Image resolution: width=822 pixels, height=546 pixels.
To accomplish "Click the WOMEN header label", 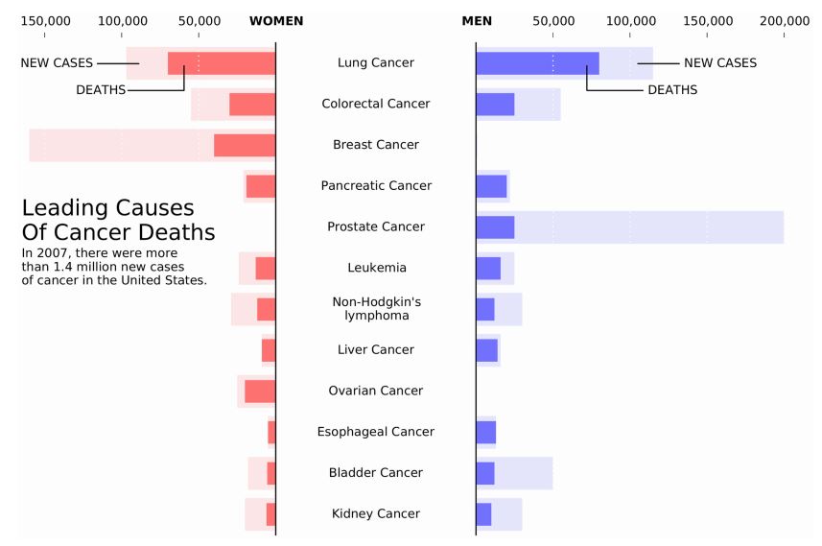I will point(276,21).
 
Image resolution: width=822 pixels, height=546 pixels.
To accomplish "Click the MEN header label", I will point(478,21).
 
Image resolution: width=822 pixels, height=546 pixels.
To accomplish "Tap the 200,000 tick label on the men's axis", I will point(784,21).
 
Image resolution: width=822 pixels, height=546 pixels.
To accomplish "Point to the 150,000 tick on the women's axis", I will point(45,21).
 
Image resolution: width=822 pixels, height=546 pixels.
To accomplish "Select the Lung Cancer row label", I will point(376,62).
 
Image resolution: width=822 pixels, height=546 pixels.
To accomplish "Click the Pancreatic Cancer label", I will point(376,185).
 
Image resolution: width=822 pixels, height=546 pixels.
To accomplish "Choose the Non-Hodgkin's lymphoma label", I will point(376,308).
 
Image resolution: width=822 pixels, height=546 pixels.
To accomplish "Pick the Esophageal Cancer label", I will point(376,432).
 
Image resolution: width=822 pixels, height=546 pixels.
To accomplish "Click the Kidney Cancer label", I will point(376,513).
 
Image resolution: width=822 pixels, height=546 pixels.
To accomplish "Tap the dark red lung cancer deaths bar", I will point(222,63).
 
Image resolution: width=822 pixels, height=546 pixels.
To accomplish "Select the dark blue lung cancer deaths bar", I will point(537,63).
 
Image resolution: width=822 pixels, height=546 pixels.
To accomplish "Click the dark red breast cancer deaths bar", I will point(245,145).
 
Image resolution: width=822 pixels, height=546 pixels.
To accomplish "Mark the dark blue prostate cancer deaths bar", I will point(495,227).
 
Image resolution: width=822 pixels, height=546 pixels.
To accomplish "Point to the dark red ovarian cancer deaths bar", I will point(260,392).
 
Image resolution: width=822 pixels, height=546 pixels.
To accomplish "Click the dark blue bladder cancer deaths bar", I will point(485,473).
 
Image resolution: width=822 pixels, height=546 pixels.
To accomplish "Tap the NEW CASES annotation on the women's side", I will point(57,63).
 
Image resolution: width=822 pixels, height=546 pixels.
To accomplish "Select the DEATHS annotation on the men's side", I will point(672,90).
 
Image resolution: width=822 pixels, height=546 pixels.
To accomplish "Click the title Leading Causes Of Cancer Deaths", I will point(118,220).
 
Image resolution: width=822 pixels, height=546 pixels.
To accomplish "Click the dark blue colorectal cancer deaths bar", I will point(495,105).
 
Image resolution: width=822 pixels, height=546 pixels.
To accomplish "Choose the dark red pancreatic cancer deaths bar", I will point(261,186).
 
